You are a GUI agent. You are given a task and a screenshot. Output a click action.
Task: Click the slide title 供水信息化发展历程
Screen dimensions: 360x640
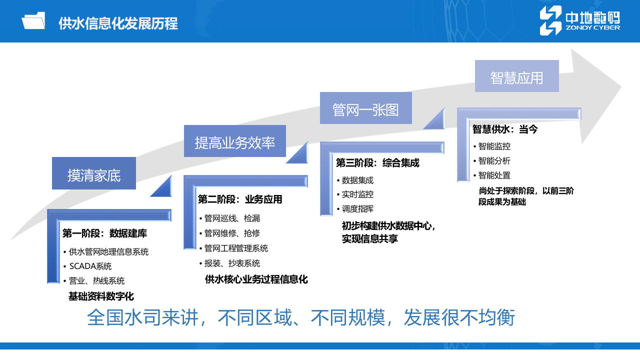[118, 23]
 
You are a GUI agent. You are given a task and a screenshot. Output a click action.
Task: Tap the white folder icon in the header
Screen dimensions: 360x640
[33, 21]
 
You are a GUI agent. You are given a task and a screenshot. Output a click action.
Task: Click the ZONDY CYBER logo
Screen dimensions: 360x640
[579, 21]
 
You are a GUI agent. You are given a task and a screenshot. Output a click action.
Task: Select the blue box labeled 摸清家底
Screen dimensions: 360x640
[94, 173]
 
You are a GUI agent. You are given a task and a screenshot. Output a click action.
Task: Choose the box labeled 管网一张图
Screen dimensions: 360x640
[365, 108]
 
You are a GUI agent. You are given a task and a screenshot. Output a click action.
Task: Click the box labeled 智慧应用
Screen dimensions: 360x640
[516, 76]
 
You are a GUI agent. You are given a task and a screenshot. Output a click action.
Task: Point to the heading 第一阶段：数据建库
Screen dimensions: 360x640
[104, 233]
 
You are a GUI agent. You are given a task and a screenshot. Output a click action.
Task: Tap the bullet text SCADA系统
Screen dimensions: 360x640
[90, 266]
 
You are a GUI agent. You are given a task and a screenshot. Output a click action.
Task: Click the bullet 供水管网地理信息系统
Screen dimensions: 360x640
[108, 251]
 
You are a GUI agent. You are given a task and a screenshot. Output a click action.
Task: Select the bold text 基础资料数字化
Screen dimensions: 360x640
[101, 296]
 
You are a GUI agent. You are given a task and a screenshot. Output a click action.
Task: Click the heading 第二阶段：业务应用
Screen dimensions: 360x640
[240, 200]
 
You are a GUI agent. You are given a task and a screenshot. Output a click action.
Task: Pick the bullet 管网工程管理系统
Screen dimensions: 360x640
[236, 248]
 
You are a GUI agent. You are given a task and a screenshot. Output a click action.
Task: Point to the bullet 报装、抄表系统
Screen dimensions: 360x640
[232, 263]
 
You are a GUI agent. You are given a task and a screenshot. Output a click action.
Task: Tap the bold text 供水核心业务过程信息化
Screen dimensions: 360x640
[256, 279]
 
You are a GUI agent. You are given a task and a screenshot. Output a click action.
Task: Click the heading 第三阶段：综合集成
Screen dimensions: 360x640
[377, 163]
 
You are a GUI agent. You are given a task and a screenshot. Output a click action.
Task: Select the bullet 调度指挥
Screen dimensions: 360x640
[357, 209]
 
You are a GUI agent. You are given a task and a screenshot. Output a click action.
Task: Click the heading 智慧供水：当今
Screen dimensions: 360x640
[505, 129]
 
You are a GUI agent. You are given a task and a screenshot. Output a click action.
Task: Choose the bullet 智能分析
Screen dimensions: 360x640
[494, 161]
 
